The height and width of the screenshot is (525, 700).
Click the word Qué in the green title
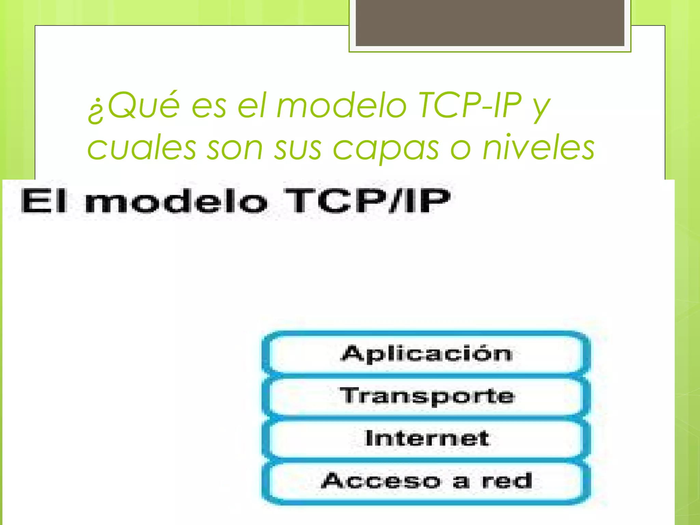coord(144,105)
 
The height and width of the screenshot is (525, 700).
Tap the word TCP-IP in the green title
coord(470,105)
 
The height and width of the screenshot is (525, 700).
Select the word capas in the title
coord(386,148)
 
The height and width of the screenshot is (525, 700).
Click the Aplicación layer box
coord(427,353)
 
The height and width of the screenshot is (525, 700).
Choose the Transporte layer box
coord(427,396)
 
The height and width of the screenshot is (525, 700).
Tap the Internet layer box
coord(427,438)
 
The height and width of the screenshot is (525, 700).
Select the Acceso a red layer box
coord(427,481)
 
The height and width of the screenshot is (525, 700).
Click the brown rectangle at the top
coord(490,23)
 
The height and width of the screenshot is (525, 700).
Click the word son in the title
coord(235,148)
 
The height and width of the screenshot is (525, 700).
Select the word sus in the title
coord(298,148)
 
